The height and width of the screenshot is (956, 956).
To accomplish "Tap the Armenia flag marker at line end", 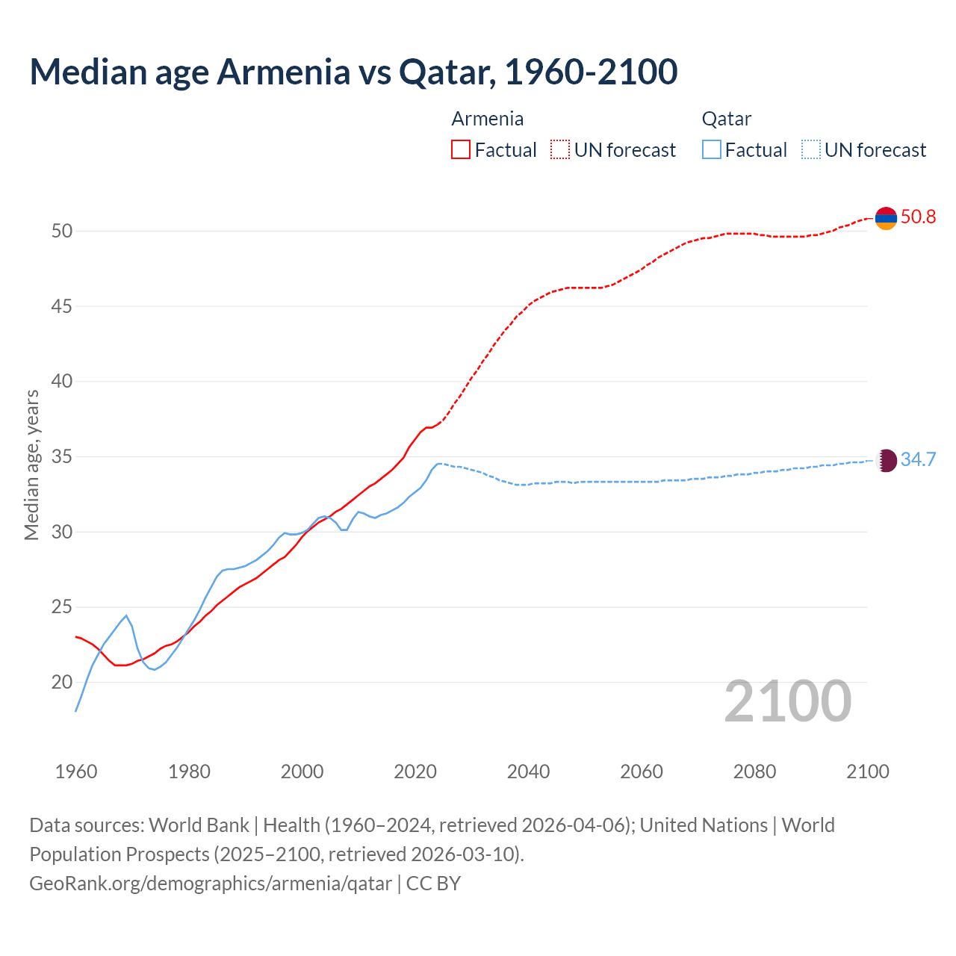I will click(886, 218).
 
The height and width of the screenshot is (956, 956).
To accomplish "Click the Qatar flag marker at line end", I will click(886, 460).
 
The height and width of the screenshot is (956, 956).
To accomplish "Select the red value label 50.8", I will click(918, 217).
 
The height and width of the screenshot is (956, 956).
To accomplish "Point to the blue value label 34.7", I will click(918, 459).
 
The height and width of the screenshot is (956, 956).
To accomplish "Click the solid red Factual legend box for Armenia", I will click(461, 150).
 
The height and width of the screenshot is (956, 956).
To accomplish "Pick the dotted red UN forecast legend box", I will click(560, 150).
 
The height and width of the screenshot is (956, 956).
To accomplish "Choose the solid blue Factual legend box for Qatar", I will click(712, 150).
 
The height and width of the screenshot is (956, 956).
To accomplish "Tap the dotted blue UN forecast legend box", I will click(811, 150).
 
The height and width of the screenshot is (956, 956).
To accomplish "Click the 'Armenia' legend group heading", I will click(488, 119).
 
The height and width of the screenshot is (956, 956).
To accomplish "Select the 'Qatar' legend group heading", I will click(727, 119).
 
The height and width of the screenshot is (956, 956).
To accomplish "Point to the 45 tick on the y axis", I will click(62, 306).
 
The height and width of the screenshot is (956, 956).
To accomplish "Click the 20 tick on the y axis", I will click(62, 682).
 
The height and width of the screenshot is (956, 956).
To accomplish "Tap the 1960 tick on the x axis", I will click(76, 772).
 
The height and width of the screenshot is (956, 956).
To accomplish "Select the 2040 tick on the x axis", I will click(528, 772).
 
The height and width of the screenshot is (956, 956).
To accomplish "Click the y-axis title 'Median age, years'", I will click(31, 465).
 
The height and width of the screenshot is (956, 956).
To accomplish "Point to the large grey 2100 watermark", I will click(788, 701).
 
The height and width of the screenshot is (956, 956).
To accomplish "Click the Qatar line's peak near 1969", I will click(126, 615).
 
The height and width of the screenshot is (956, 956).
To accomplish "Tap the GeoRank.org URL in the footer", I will click(211, 884).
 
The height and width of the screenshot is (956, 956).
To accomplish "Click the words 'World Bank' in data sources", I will click(199, 825).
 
